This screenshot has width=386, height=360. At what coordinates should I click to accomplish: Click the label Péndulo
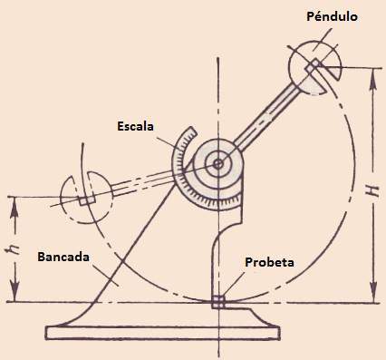(332, 16)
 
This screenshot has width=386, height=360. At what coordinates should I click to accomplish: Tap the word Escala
(135, 126)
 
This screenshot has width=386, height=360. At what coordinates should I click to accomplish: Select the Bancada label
(63, 257)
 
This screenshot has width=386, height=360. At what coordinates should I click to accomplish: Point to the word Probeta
(269, 262)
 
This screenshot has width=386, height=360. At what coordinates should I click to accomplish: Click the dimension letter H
(374, 191)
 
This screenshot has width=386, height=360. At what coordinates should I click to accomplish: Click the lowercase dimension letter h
(14, 248)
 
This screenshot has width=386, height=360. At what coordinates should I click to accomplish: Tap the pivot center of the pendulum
(217, 164)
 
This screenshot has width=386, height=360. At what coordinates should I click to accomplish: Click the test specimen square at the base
(218, 302)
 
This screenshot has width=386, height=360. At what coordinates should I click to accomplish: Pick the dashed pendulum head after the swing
(87, 198)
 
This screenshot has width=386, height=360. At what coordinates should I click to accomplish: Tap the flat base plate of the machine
(162, 333)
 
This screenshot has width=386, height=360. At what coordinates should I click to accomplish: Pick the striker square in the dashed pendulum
(87, 200)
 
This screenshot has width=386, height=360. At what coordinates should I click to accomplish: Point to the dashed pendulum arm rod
(143, 181)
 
